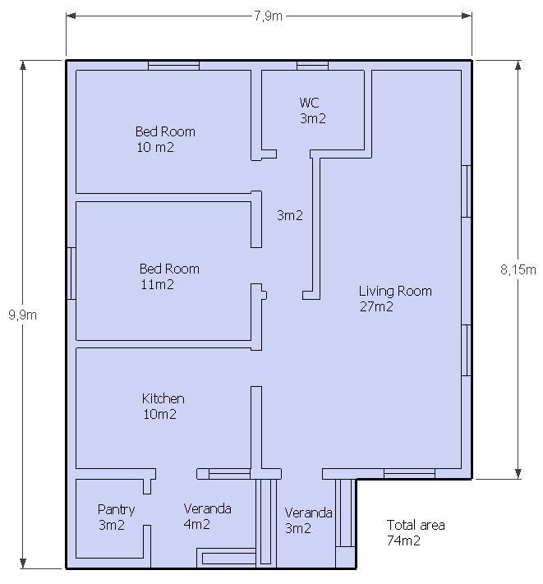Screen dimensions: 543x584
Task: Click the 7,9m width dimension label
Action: click(268, 16)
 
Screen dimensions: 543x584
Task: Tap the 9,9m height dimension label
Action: click(23, 315)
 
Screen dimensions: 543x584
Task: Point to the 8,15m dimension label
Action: click(518, 269)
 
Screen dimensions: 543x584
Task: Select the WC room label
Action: click(309, 103)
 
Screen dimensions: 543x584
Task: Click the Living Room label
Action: click(395, 291)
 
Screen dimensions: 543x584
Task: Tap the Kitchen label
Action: click(163, 398)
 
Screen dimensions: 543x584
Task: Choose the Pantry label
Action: click(116, 509)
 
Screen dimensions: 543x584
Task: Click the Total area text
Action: click(416, 525)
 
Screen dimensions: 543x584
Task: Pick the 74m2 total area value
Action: click(403, 540)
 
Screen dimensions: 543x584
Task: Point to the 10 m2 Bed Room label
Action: click(155, 147)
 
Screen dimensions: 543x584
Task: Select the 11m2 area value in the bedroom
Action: click(157, 284)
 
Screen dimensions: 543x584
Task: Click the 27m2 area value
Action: click(376, 306)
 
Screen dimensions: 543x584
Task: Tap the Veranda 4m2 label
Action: click(208, 516)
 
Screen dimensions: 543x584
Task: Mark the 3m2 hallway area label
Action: click(290, 215)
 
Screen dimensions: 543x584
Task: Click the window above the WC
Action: click(312, 66)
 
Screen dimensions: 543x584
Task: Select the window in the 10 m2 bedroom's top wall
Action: click(173, 66)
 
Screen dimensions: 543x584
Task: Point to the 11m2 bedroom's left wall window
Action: click(71, 274)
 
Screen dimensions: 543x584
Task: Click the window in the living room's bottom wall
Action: click(409, 474)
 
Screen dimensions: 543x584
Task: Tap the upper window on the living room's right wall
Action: click(467, 191)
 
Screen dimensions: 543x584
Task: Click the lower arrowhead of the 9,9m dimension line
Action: click(23, 563)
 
